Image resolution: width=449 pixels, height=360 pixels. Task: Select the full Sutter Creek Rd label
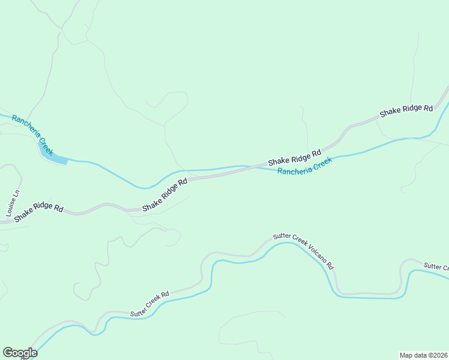(x=150, y=304)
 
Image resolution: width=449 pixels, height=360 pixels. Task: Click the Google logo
(x=20, y=353)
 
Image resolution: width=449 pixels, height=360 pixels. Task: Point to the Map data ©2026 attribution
(x=423, y=355)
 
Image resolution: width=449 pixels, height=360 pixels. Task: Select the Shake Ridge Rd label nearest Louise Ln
(x=39, y=211)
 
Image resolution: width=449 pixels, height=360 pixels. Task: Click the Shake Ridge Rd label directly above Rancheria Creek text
(x=295, y=157)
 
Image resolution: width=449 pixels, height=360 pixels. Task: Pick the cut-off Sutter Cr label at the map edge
(x=436, y=266)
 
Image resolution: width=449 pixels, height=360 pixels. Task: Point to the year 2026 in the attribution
(x=440, y=355)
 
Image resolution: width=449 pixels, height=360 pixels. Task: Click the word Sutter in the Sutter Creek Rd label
(x=137, y=310)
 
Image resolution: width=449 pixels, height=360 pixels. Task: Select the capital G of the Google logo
(x=8, y=353)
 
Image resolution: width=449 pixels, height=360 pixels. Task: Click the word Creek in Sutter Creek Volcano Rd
(x=298, y=244)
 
